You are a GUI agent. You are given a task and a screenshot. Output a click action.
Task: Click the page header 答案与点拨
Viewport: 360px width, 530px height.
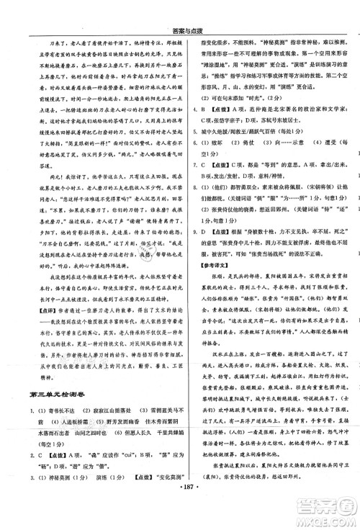(179, 9)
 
